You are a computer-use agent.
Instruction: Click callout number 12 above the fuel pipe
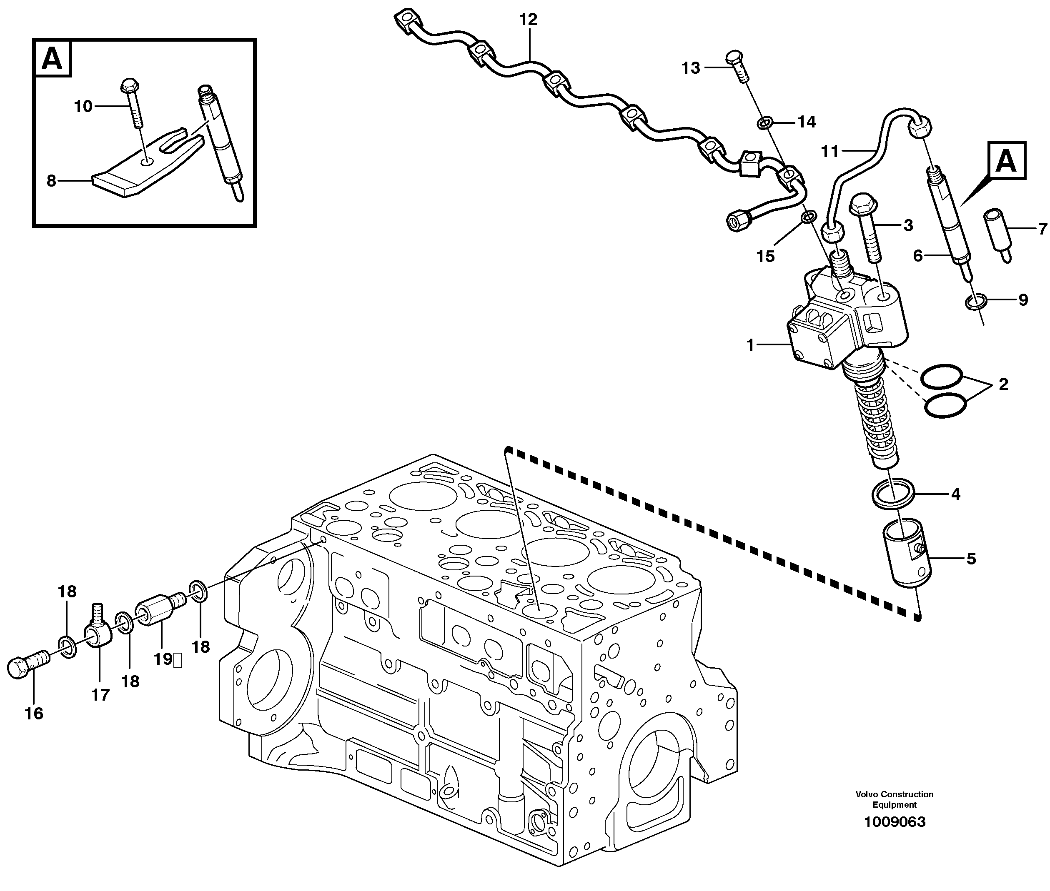528,20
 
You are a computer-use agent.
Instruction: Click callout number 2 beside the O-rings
1003,384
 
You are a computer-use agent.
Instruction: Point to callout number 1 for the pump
750,345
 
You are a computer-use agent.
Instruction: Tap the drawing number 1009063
894,822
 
